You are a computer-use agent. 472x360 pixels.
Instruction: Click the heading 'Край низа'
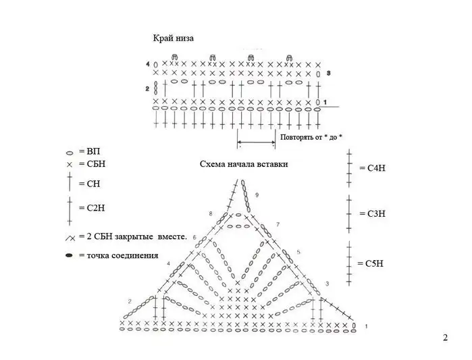click(173, 38)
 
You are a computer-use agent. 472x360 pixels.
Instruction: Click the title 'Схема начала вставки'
click(244, 164)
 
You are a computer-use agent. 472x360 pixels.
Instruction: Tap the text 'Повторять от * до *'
click(311, 137)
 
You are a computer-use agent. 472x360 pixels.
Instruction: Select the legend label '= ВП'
click(89, 151)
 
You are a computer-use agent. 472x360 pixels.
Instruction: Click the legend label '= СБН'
click(92, 164)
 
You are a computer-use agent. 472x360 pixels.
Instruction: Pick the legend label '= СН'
click(89, 184)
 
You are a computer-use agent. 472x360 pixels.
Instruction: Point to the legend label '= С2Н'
click(92, 208)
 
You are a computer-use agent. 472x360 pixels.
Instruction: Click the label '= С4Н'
click(372, 168)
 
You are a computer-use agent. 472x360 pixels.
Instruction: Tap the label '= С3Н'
click(372, 213)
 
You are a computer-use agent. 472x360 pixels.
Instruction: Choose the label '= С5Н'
click(371, 263)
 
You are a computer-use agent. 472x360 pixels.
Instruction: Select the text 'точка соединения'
click(122, 255)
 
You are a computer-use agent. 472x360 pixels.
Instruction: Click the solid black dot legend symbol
click(70, 255)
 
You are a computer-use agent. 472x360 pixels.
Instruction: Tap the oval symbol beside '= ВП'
click(70, 153)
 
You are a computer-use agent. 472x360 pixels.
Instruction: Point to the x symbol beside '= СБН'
click(70, 165)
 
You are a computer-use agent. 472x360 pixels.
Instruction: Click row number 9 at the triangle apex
click(257, 195)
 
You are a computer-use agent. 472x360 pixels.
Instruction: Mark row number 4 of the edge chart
click(147, 64)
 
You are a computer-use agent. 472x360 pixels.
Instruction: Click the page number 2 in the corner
click(445, 338)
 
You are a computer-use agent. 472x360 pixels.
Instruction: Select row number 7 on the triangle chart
click(278, 224)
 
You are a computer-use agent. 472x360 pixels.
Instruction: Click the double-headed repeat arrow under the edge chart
click(256, 142)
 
